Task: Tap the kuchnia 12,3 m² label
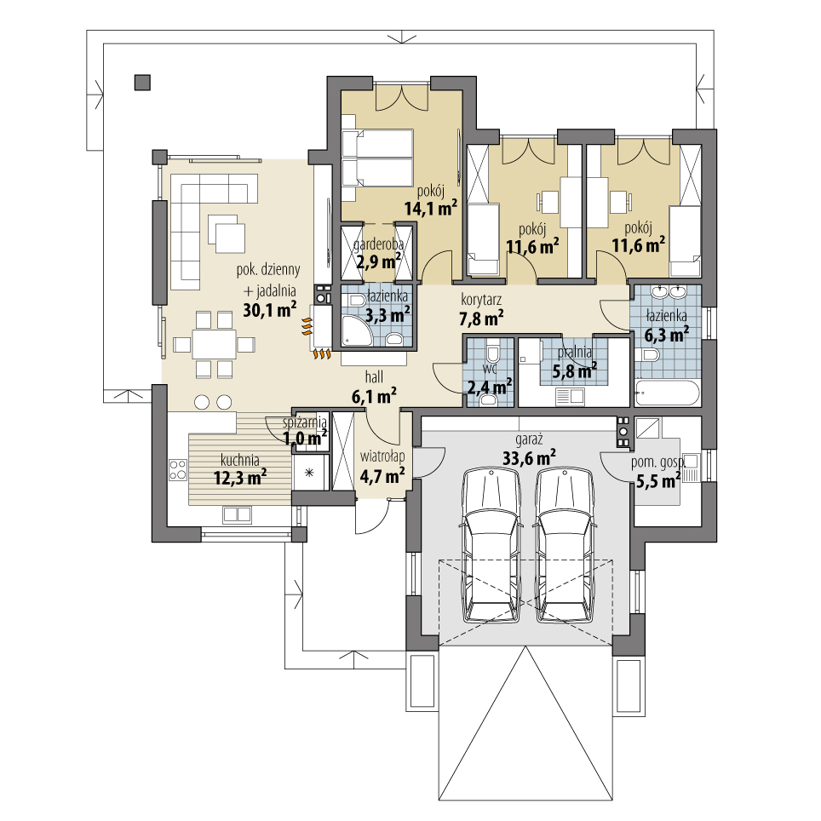tap(240, 468)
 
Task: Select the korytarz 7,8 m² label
tap(482, 309)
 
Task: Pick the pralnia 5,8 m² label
tap(575, 362)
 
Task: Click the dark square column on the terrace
tap(142, 83)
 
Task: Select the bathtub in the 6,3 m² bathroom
tap(667, 393)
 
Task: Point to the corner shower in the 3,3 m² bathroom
tap(358, 330)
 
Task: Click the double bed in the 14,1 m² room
tap(377, 158)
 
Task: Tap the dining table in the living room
tap(214, 344)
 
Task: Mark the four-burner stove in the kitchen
tap(178, 469)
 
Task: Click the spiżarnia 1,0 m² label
tap(305, 429)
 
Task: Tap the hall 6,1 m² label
tap(375, 387)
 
